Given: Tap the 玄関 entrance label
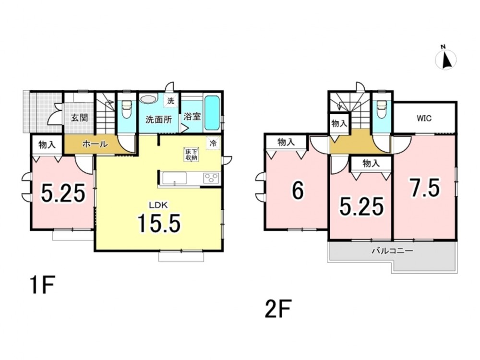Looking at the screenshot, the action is pos(80,118).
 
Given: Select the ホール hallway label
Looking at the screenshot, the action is pos(95,144).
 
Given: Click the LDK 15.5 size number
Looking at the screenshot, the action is pos(159,223).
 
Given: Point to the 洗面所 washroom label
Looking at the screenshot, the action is pos(158,120).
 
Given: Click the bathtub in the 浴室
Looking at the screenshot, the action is pos(212,113).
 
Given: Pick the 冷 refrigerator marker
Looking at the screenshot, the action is pos(213,143).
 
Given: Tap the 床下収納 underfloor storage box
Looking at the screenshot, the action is pos(191,155).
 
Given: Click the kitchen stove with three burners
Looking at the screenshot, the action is pos(211,178).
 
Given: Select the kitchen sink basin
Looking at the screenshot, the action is pos(174,178).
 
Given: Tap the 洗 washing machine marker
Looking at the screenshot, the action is pos(170,101).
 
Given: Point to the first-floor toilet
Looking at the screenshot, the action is pos(126,109).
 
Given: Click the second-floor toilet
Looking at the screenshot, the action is pos(381,109).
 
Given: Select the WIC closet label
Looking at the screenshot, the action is pos(424,118).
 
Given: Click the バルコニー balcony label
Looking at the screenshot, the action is pos(393,252).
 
